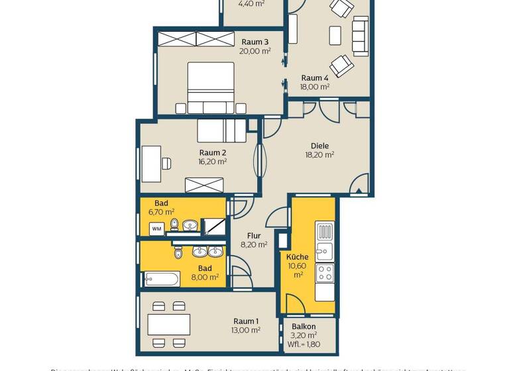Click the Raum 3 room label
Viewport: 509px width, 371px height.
(x=255, y=42)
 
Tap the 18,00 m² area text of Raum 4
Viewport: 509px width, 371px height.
(x=315, y=87)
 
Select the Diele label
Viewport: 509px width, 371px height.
(x=319, y=146)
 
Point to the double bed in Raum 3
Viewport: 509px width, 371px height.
(x=211, y=87)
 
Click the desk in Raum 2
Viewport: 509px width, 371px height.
(x=152, y=163)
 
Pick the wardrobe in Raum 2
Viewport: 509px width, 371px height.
(x=203, y=185)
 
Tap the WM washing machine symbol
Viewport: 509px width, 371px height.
(x=157, y=229)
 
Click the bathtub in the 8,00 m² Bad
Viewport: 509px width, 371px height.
(x=162, y=279)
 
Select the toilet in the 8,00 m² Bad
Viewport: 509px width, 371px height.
(x=178, y=252)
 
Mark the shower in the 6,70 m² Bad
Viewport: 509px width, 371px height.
(x=214, y=227)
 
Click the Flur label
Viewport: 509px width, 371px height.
(x=254, y=235)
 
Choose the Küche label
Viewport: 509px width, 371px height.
(x=297, y=256)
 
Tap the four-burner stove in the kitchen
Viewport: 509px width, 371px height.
(x=325, y=272)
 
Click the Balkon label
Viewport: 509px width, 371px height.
(x=304, y=327)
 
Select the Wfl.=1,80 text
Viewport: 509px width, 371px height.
(x=304, y=344)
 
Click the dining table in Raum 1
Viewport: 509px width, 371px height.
(x=169, y=324)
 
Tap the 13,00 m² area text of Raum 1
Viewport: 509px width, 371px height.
(x=245, y=330)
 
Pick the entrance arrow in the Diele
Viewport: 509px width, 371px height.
(x=359, y=191)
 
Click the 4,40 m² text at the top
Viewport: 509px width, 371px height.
(x=251, y=3)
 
